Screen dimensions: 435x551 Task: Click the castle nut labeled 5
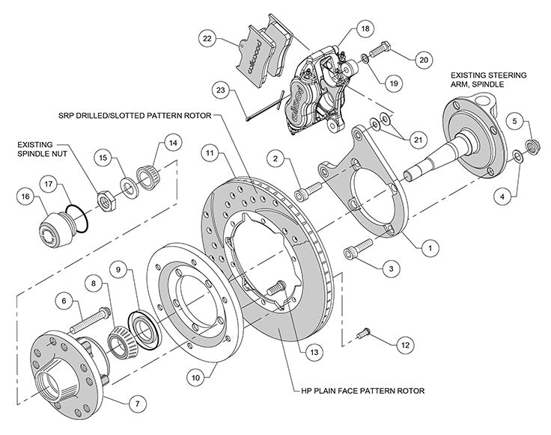[533, 144]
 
